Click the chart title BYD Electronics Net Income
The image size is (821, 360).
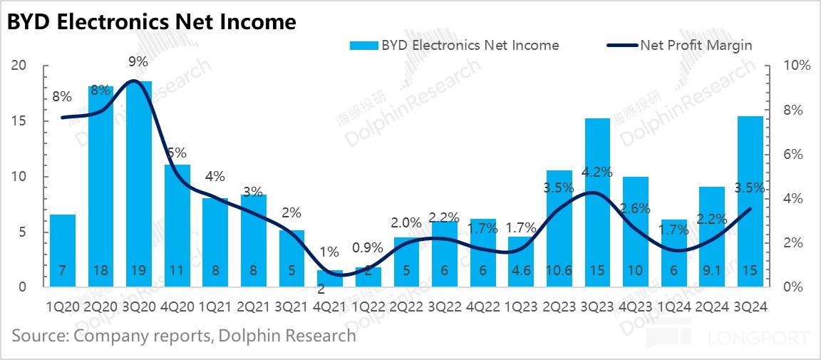[151, 22]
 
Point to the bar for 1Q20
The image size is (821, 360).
[62, 250]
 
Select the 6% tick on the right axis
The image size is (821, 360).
[791, 155]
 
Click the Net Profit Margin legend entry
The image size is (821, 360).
[696, 45]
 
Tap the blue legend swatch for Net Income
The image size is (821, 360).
[363, 45]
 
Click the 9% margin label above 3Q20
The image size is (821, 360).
[138, 62]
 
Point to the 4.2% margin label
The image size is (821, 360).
[597, 171]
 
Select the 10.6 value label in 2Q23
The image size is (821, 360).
[559, 272]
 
